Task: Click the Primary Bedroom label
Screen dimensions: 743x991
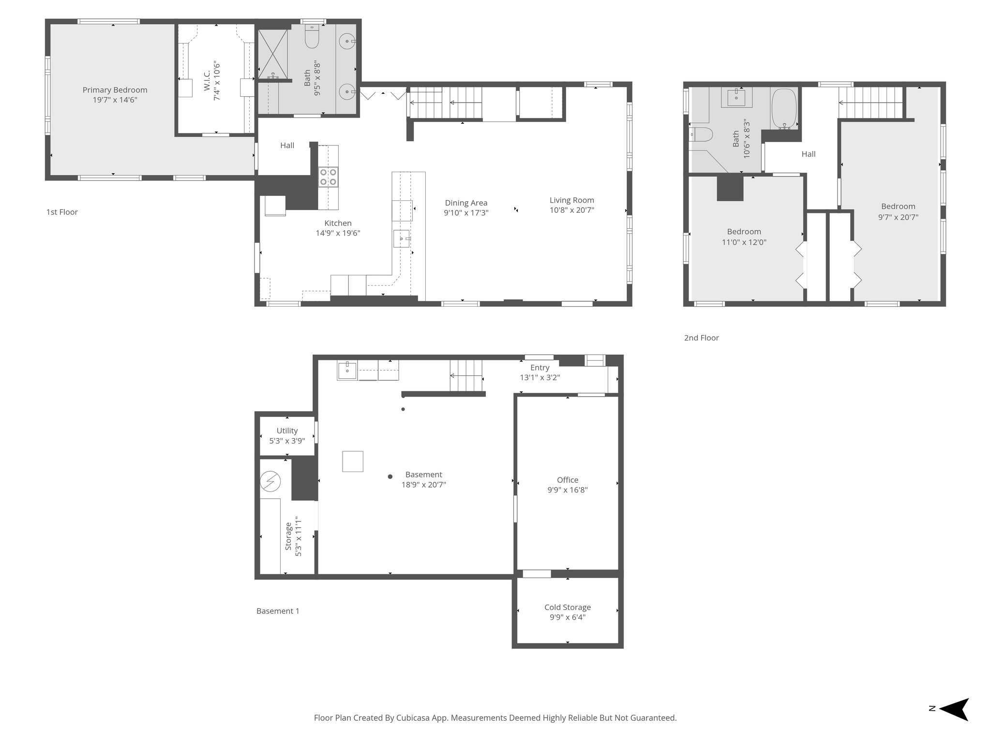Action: pos(115,90)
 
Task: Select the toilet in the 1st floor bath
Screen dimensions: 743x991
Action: pos(312,37)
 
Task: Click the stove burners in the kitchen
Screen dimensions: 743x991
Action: pos(328,177)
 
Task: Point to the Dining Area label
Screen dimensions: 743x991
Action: pos(466,203)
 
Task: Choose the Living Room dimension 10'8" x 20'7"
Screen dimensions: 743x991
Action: pos(571,210)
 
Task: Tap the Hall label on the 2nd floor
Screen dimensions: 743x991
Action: pos(808,154)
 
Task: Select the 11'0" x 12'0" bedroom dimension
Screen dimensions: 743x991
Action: pos(744,242)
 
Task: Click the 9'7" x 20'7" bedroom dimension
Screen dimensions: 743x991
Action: pos(898,217)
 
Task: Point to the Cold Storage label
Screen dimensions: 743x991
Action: pos(567,607)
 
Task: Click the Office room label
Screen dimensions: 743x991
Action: pos(567,480)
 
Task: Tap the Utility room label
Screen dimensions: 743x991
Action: pos(287,431)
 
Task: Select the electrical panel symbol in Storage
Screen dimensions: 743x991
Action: pos(270,481)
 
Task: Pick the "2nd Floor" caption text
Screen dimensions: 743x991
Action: pos(701,338)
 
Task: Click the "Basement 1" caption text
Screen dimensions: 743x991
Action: pos(278,611)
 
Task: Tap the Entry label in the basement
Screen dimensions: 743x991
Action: pos(540,368)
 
